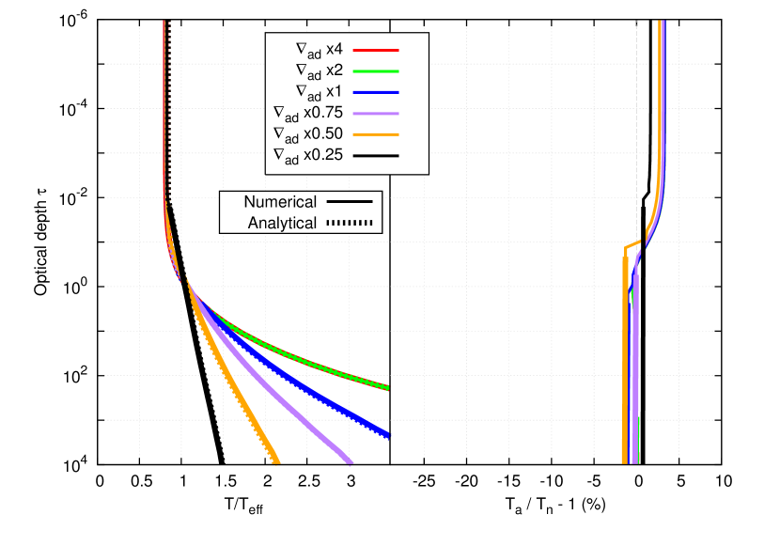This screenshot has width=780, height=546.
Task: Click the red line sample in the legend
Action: pyautogui.click(x=377, y=49)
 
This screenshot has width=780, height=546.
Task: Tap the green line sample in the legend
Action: pyautogui.click(x=377, y=70)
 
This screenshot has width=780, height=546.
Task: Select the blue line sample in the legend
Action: pyautogui.click(x=377, y=92)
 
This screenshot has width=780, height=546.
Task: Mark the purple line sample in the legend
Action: pyautogui.click(x=377, y=113)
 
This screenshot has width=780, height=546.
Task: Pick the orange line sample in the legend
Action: pyautogui.click(x=377, y=134)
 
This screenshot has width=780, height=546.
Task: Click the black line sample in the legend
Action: pyautogui.click(x=377, y=156)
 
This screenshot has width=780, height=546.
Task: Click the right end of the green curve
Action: pyautogui.click(x=388, y=388)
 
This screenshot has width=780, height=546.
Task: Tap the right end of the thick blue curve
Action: pyautogui.click(x=388, y=434)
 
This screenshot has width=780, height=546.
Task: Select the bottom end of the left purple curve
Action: pyautogui.click(x=350, y=461)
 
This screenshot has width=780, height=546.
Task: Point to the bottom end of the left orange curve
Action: pyautogui.click(x=276, y=461)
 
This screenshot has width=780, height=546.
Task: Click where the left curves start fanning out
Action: pyautogui.click(x=184, y=281)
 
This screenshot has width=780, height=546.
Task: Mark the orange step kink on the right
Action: pyautogui.click(x=627, y=248)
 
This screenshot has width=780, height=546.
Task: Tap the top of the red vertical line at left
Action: pyautogui.click(x=164, y=22)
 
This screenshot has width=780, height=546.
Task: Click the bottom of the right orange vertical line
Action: pyautogui.click(x=624, y=461)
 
